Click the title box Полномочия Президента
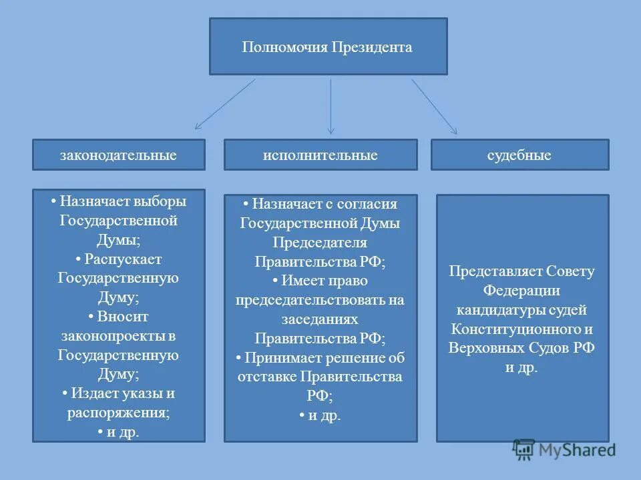point(328,47)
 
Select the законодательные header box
point(118,155)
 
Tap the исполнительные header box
point(320,155)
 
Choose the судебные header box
point(519,155)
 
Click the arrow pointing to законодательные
point(225,104)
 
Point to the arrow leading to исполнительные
point(331,107)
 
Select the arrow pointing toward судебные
point(434,106)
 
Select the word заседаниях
point(320,319)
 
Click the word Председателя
point(320,243)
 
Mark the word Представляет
point(496,272)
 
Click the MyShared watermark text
point(578,450)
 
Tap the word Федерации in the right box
point(521,291)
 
